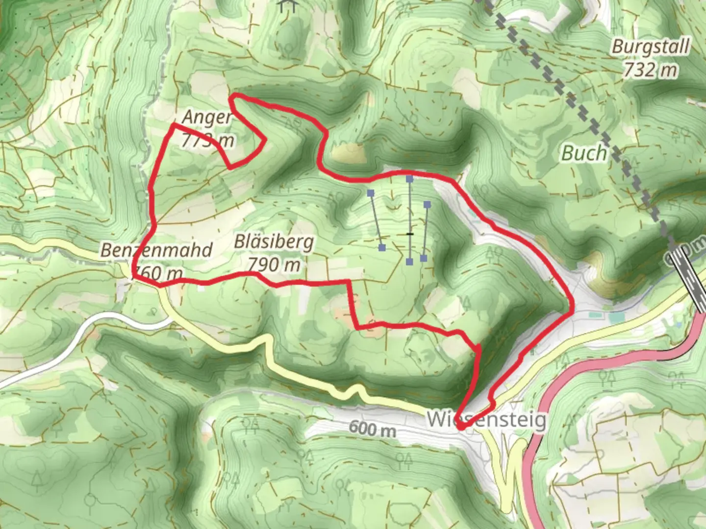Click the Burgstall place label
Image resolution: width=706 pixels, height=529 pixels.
click(651, 47)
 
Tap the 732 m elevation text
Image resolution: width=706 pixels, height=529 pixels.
click(651, 70)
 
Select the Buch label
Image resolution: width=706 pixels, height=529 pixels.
click(584, 153)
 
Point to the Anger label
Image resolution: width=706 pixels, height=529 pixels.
click(206, 118)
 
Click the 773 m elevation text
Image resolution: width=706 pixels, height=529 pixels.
click(207, 141)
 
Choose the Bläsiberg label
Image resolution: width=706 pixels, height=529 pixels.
click(274, 241)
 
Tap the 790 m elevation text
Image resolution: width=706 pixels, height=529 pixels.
click(274, 265)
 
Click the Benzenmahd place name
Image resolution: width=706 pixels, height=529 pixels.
click(156, 250)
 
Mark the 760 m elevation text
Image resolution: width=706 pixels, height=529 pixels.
click(158, 272)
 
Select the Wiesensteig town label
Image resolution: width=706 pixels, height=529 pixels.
click(486, 420)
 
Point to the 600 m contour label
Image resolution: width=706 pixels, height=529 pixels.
click(373, 429)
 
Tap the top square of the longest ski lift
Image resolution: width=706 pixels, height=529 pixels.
click(409, 179)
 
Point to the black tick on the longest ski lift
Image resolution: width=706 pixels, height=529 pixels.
click(410, 234)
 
